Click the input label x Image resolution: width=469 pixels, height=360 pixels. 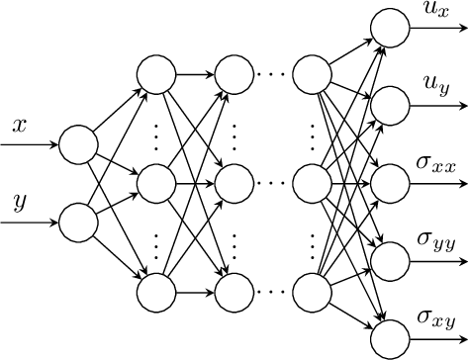(x=19, y=126)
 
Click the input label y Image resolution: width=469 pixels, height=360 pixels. (x=19, y=205)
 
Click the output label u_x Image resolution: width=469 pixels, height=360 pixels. (x=436, y=11)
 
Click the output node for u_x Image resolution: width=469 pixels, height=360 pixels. (x=386, y=27)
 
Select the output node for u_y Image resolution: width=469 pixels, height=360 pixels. (x=386, y=105)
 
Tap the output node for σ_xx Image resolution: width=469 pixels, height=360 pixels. (x=386, y=183)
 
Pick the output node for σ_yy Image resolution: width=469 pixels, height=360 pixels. (x=386, y=260)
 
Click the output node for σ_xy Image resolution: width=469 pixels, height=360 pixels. (x=386, y=337)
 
